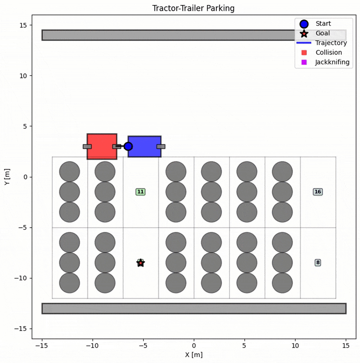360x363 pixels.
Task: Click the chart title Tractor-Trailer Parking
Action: (193, 8)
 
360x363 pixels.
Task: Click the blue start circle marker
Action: (128, 146)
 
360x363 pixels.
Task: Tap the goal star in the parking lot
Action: (140, 263)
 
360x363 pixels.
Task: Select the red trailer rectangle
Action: (102, 146)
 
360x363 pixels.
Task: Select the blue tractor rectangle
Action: (145, 146)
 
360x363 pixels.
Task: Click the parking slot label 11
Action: (140, 192)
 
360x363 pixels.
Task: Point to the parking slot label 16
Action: (318, 192)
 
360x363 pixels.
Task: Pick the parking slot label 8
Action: (318, 262)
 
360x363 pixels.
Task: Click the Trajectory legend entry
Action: (331, 43)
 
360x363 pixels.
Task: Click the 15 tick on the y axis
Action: (23, 25)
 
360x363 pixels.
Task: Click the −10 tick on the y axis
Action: (22, 278)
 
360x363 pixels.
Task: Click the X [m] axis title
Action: (193, 355)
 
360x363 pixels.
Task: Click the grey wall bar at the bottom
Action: (193, 308)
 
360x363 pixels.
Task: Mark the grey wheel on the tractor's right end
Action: (161, 146)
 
